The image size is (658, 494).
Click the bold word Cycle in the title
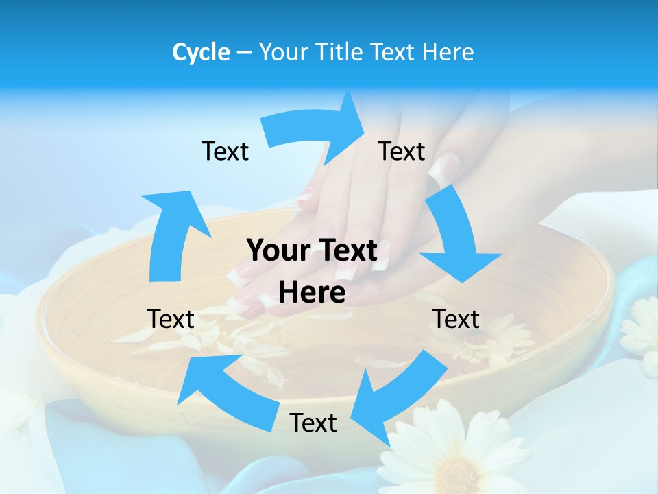pos(201,52)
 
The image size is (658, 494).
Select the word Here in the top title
pos(447,52)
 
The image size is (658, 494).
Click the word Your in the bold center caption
pos(278,250)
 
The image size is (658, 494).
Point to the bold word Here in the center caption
pos(312,292)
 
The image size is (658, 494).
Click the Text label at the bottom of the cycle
pos(313,423)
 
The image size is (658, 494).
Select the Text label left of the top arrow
pos(225,151)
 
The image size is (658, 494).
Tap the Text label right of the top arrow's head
pos(402,151)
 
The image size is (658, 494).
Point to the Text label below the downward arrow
pos(456,319)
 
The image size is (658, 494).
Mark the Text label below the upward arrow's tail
pos(171,319)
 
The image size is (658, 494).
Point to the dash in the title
pos(245,53)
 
